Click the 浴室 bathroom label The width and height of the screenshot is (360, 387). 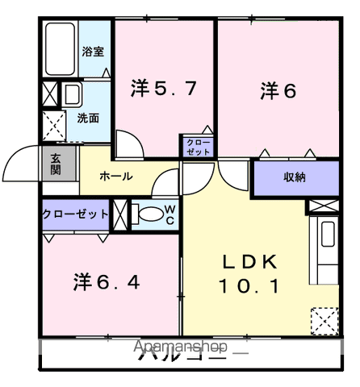[93, 52]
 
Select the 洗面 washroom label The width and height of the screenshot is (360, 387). [89, 117]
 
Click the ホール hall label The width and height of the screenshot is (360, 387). [115, 176]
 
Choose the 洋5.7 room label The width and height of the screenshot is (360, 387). [163, 88]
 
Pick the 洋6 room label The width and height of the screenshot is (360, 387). [278, 91]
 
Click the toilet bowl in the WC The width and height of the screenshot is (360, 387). [149, 215]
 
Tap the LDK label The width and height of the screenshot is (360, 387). [250, 262]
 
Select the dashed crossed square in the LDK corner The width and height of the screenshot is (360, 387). [325, 321]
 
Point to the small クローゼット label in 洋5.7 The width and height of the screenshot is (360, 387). [197, 146]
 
